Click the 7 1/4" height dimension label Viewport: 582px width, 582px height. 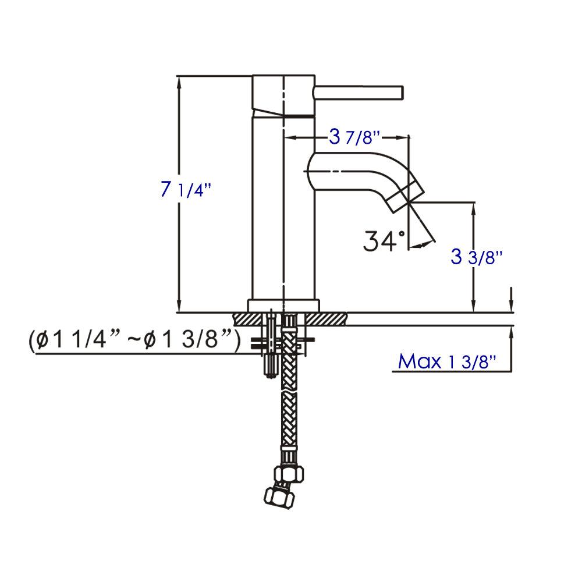click(184, 190)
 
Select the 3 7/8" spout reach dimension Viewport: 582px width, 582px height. click(354, 138)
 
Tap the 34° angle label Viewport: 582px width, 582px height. click(384, 240)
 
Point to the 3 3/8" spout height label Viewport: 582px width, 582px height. click(476, 257)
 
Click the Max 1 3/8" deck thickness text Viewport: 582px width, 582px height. click(447, 361)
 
